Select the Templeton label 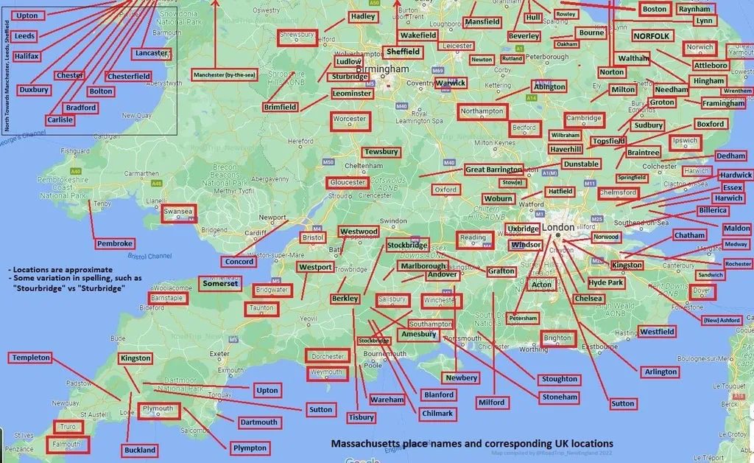(x=31, y=358)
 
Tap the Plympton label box (x=250, y=448)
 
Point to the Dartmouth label (x=259, y=422)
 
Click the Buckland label (x=140, y=450)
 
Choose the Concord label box (x=239, y=262)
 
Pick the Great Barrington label (x=493, y=170)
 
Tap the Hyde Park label (x=606, y=282)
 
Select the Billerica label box (x=713, y=211)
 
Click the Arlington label (x=660, y=372)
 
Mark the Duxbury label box (x=34, y=90)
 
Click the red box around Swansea (x=178, y=212)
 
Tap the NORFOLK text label (x=652, y=35)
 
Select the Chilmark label (x=437, y=414)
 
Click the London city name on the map (x=562, y=228)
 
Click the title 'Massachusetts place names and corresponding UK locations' (x=471, y=444)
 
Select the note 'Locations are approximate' (x=61, y=270)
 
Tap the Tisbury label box (x=362, y=417)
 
